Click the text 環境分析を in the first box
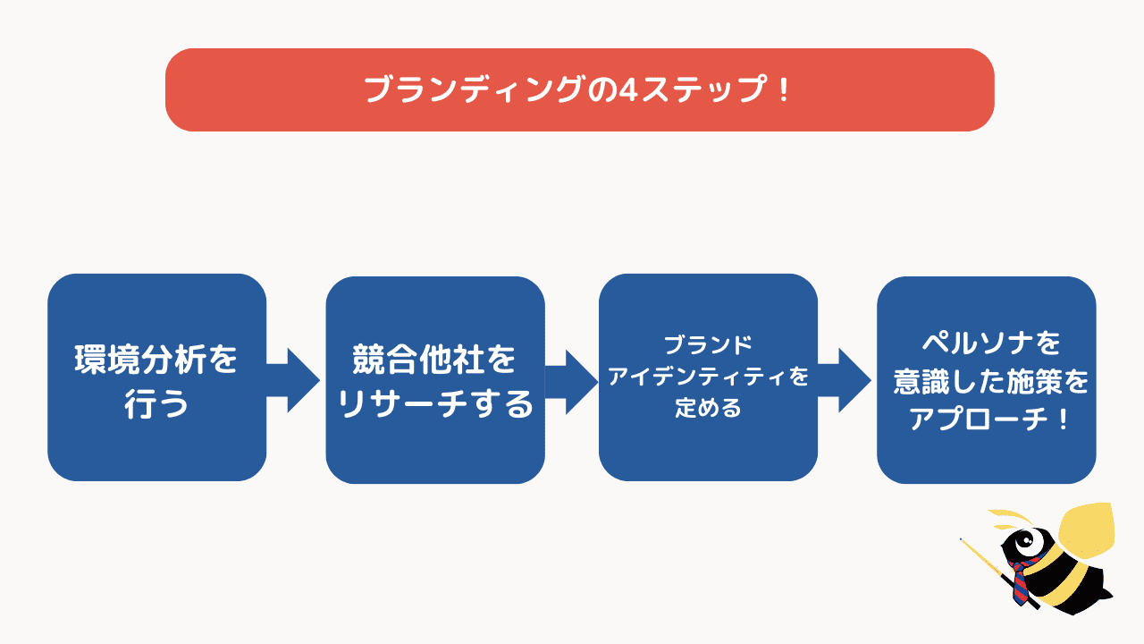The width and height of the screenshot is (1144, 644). (x=156, y=360)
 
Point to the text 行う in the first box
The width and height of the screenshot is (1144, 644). (x=156, y=403)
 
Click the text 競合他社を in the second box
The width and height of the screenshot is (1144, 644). (x=434, y=361)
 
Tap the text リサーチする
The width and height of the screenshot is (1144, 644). (x=434, y=404)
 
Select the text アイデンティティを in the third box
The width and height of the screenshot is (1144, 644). (x=708, y=377)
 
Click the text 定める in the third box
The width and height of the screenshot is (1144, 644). (x=708, y=409)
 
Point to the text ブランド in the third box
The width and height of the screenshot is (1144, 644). (x=708, y=344)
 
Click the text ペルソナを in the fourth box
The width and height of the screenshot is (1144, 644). (x=986, y=343)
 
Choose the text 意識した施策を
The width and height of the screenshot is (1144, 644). (x=986, y=382)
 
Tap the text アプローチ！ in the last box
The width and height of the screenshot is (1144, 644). (x=986, y=419)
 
